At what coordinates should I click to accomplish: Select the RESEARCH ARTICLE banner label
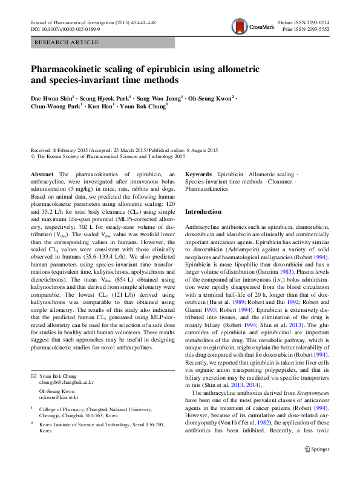67,42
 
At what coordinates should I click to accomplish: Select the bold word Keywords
198,174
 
